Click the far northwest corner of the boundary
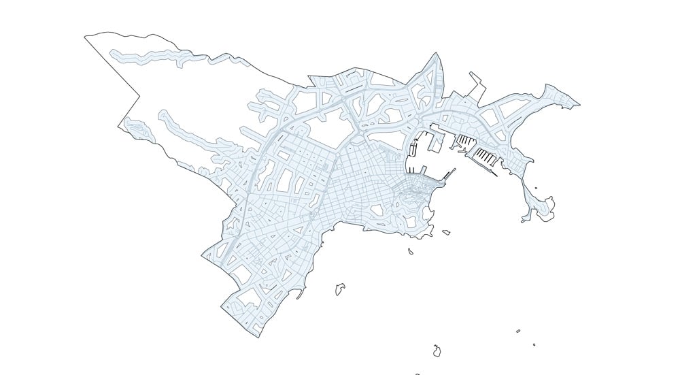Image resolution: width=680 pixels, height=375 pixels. (86, 37)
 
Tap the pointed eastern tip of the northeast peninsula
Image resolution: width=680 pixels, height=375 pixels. (579, 105)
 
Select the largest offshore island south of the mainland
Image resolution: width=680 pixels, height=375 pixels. (340, 289)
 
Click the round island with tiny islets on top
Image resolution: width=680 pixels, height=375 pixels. (437, 351)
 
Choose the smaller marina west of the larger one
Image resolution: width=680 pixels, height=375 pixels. (464, 142)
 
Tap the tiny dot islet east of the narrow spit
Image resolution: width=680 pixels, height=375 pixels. (536, 189)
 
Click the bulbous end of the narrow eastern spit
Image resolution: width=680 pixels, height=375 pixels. (546, 206)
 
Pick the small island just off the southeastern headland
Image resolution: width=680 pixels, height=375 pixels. (447, 232)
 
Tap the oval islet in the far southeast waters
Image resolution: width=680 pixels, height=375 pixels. (518, 331)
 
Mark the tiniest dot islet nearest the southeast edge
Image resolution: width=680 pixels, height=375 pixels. (534, 344)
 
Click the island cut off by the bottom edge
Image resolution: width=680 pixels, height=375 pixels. (417, 374)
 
